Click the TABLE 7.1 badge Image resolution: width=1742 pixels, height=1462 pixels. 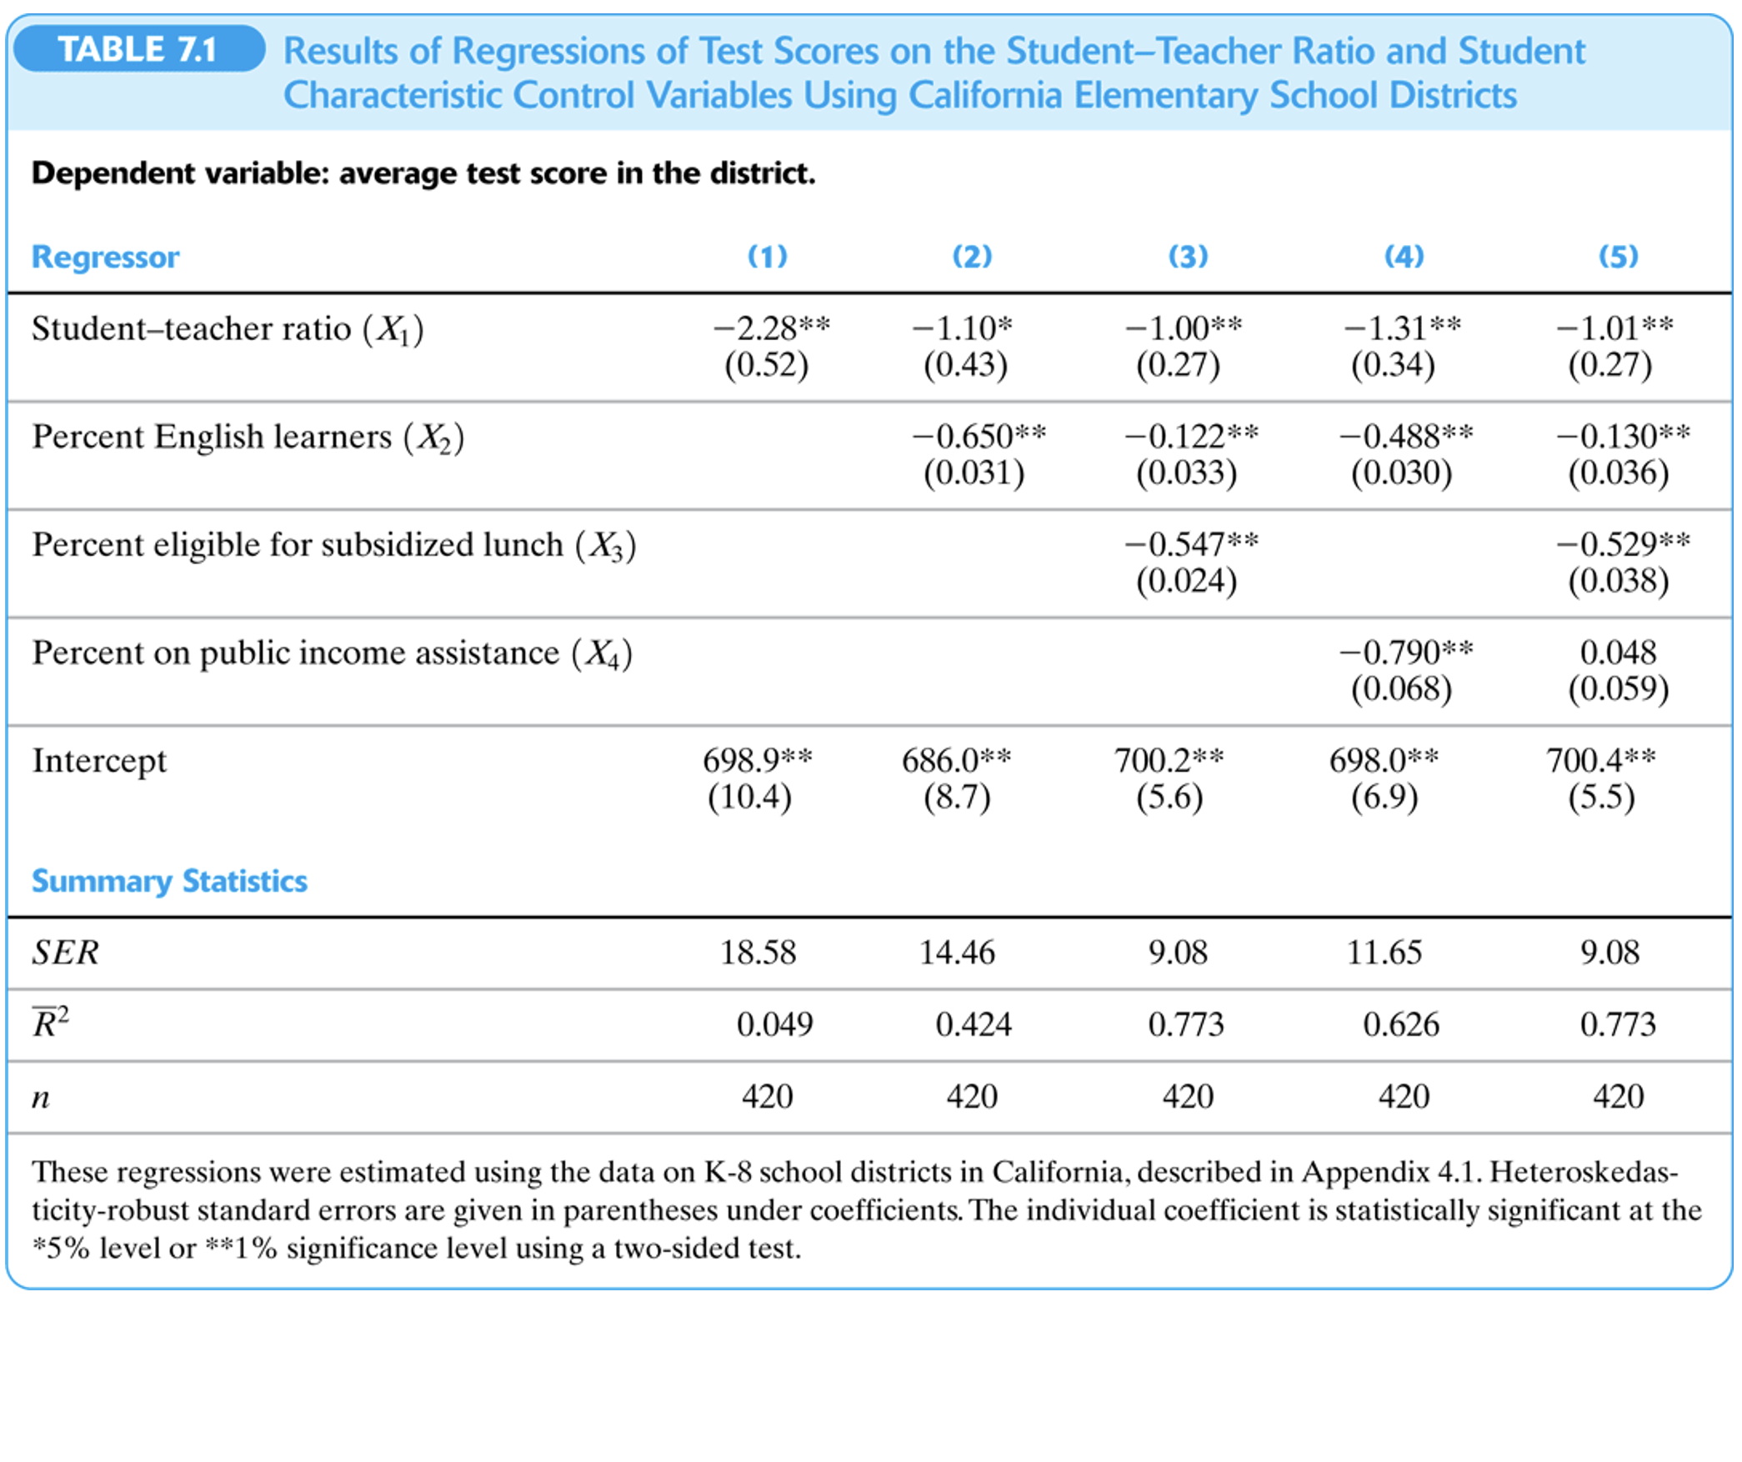tap(138, 49)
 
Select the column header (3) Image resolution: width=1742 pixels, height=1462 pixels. tap(1188, 256)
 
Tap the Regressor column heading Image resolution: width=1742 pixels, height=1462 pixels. tap(105, 257)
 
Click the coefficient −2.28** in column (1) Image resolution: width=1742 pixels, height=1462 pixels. tap(771, 328)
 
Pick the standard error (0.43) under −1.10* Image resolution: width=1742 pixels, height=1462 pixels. tap(965, 364)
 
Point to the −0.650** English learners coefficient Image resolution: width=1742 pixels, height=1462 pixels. tap(979, 435)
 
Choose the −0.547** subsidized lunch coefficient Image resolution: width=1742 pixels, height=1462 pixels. tap(1191, 543)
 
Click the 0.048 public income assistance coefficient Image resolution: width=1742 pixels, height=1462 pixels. tap(1618, 652)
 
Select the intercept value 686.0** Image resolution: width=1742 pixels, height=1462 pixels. tap(956, 759)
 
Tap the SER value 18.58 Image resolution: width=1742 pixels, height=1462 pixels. tap(758, 952)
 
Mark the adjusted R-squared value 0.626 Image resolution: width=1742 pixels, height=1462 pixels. tap(1400, 1024)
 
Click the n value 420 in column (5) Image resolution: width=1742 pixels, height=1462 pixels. tap(1618, 1095)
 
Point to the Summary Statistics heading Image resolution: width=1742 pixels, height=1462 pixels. tap(169, 881)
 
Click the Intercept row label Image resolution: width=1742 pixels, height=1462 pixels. tap(99, 760)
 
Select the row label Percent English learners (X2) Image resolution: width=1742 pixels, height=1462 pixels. tap(248, 436)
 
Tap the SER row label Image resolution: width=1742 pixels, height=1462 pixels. tap(65, 952)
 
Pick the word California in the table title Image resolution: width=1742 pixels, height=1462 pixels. tap(986, 95)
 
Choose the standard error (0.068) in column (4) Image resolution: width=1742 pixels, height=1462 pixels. tap(1401, 688)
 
